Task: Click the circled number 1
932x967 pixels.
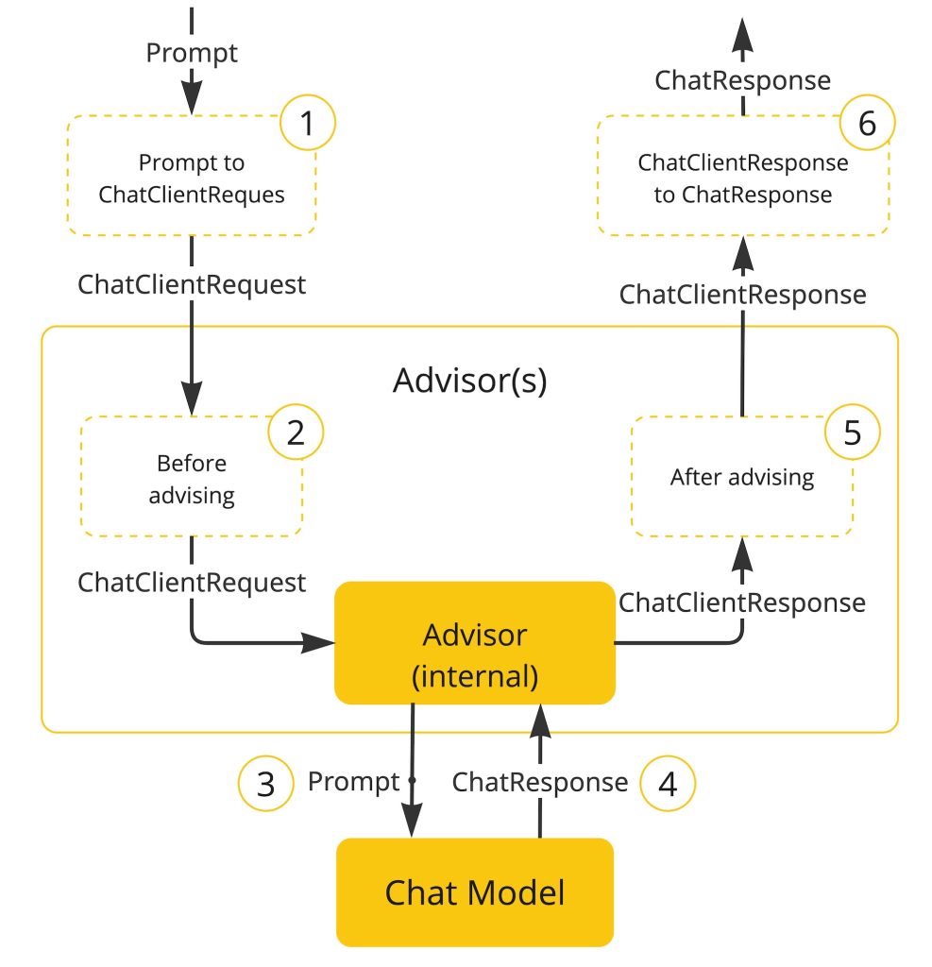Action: tap(307, 122)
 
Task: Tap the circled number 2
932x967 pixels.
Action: tap(296, 432)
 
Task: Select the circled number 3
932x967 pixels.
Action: tap(265, 783)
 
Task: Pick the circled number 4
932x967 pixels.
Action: tap(668, 783)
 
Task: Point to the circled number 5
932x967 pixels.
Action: tap(852, 432)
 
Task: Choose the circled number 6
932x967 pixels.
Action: tap(867, 122)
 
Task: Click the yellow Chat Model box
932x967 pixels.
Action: tap(474, 891)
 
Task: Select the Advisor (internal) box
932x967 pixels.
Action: tap(474, 642)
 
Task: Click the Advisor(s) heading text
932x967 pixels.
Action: tap(470, 381)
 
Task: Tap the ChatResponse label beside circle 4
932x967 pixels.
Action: tap(540, 782)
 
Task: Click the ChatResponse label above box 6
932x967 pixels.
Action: tap(742, 81)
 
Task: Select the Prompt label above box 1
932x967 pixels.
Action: tap(191, 53)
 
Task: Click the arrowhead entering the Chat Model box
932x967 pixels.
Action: tap(412, 821)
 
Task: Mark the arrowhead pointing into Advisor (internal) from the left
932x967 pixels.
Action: tap(317, 642)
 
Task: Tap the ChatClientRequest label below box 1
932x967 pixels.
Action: tap(191, 285)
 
